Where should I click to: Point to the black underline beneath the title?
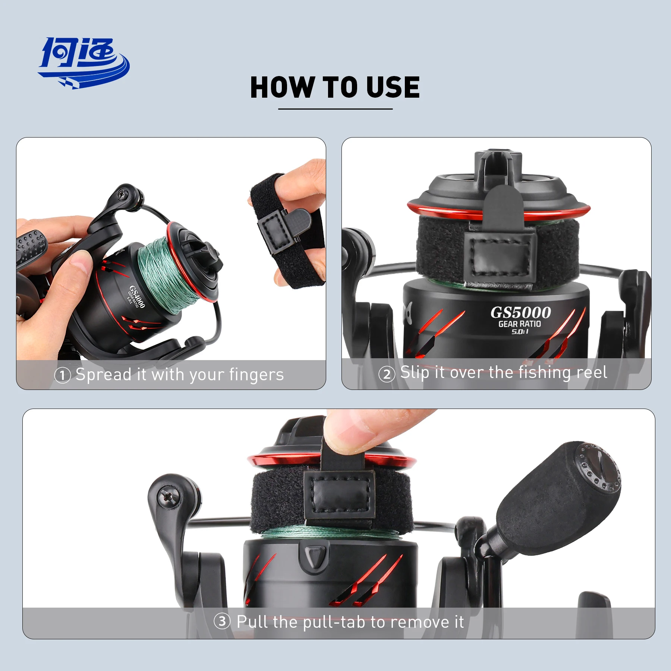point(335,109)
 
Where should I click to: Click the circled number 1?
point(62,375)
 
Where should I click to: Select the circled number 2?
point(387,374)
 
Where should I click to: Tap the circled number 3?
point(222,621)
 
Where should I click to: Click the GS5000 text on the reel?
point(520,312)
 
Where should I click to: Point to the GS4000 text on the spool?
point(137,297)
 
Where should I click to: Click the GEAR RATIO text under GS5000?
point(519,324)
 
